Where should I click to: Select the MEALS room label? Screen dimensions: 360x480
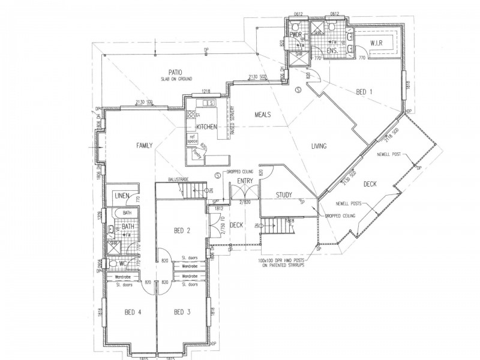[264, 114]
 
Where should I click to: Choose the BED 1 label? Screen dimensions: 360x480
[365, 91]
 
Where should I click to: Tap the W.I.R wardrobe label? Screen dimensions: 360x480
[377, 43]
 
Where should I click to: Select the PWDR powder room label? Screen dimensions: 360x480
[295, 35]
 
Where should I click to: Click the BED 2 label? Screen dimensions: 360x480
[182, 231]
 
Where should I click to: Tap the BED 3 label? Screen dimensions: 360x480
[182, 311]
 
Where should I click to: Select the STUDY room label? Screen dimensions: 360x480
[284, 195]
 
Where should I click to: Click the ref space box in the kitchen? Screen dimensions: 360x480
[193, 139]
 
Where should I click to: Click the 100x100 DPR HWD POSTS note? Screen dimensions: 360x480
[281, 262]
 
